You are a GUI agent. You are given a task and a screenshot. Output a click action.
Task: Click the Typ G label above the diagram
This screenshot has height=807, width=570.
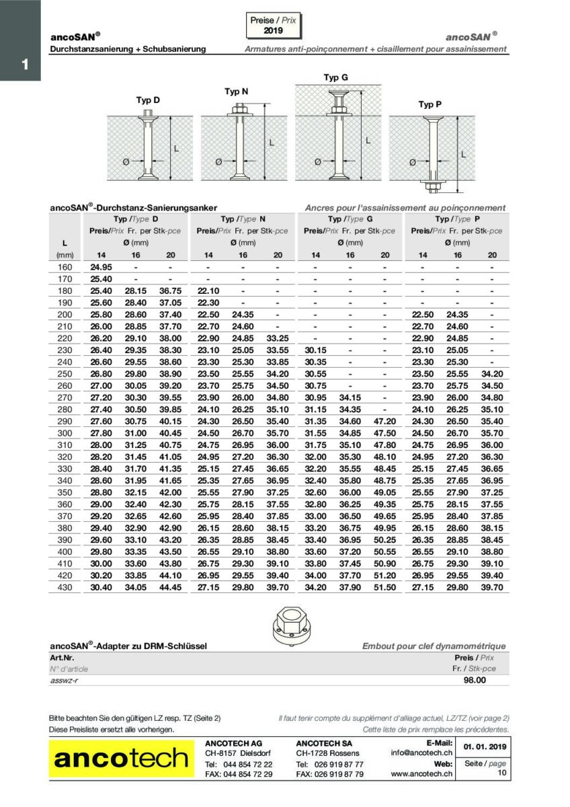(335, 77)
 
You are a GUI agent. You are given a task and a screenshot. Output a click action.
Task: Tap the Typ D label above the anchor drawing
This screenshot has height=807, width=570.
(148, 100)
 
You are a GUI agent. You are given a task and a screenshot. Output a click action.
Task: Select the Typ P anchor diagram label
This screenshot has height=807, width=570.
(430, 104)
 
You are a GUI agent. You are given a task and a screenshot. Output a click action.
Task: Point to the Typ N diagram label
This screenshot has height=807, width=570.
(236, 91)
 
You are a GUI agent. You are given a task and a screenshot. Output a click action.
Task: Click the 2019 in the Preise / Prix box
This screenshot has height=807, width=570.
(273, 31)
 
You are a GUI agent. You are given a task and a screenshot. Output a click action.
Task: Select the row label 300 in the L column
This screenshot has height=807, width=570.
(64, 433)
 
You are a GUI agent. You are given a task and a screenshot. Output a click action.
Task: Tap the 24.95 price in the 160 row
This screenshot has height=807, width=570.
(101, 267)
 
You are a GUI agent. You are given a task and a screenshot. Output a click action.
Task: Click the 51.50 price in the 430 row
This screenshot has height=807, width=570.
(384, 588)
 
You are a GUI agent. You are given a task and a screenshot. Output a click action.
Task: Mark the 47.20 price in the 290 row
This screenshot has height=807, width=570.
(384, 422)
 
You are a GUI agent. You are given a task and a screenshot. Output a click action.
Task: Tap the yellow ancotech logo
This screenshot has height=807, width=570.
(121, 759)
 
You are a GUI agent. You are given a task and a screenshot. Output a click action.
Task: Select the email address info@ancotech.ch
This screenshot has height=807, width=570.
(422, 753)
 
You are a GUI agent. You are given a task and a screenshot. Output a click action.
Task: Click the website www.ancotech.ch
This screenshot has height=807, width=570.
(421, 774)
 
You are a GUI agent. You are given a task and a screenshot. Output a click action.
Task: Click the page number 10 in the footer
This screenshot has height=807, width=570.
(501, 773)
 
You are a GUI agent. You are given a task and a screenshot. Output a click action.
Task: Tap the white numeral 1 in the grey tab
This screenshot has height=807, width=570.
(24, 65)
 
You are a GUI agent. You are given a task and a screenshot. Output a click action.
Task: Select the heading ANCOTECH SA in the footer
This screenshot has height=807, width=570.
(324, 742)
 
